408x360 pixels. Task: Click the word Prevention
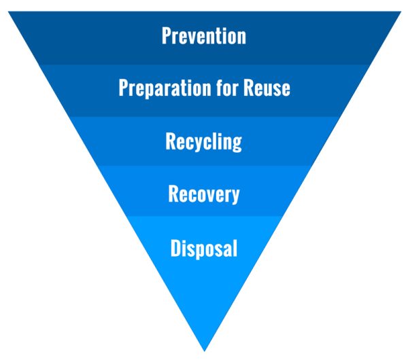(x=204, y=35)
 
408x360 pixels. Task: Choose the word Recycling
(x=204, y=142)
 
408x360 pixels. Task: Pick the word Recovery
(x=204, y=194)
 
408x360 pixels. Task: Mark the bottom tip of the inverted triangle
(x=205, y=349)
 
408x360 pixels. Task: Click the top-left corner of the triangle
(x=8, y=12)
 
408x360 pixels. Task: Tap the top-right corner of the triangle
(x=401, y=12)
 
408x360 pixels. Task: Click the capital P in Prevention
(x=167, y=35)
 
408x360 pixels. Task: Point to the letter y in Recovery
(x=235, y=196)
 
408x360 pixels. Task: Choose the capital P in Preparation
(x=123, y=88)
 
